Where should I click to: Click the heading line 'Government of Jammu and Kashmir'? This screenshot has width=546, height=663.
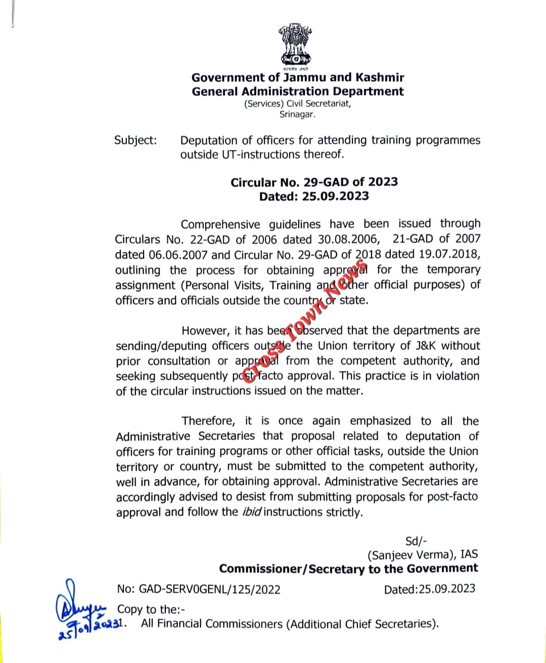(298, 78)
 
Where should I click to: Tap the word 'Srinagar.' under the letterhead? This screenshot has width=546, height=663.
(297, 114)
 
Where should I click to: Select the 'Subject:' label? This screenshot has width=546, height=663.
(135, 140)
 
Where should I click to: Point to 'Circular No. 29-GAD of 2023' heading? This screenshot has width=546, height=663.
(314, 182)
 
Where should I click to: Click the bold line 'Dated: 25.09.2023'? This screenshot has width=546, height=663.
(314, 196)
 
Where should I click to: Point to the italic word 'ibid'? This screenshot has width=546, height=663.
(252, 512)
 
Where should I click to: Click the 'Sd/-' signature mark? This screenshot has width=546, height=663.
(417, 541)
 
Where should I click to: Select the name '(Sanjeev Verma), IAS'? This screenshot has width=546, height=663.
(422, 555)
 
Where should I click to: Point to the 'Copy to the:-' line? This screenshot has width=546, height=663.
(151, 610)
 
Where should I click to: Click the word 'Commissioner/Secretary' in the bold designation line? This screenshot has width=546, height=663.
(292, 569)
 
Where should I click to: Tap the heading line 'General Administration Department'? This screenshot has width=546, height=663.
(298, 92)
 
